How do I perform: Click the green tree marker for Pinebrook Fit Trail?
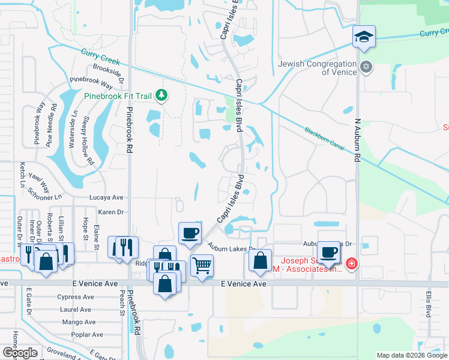point(161,95)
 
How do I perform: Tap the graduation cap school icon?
point(364,37)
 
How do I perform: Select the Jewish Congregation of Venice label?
point(318,68)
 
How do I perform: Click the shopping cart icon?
point(202,264)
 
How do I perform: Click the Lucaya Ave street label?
point(106,197)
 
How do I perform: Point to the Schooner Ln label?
point(45,193)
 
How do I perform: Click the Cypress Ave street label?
point(76,297)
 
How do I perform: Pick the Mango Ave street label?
point(79,322)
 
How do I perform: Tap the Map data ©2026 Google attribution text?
point(412,355)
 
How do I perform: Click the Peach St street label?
point(121,304)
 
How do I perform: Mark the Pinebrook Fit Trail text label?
point(118,95)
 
